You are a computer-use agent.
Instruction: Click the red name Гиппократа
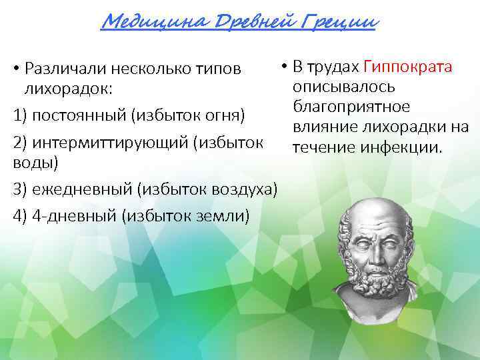click(408, 67)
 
